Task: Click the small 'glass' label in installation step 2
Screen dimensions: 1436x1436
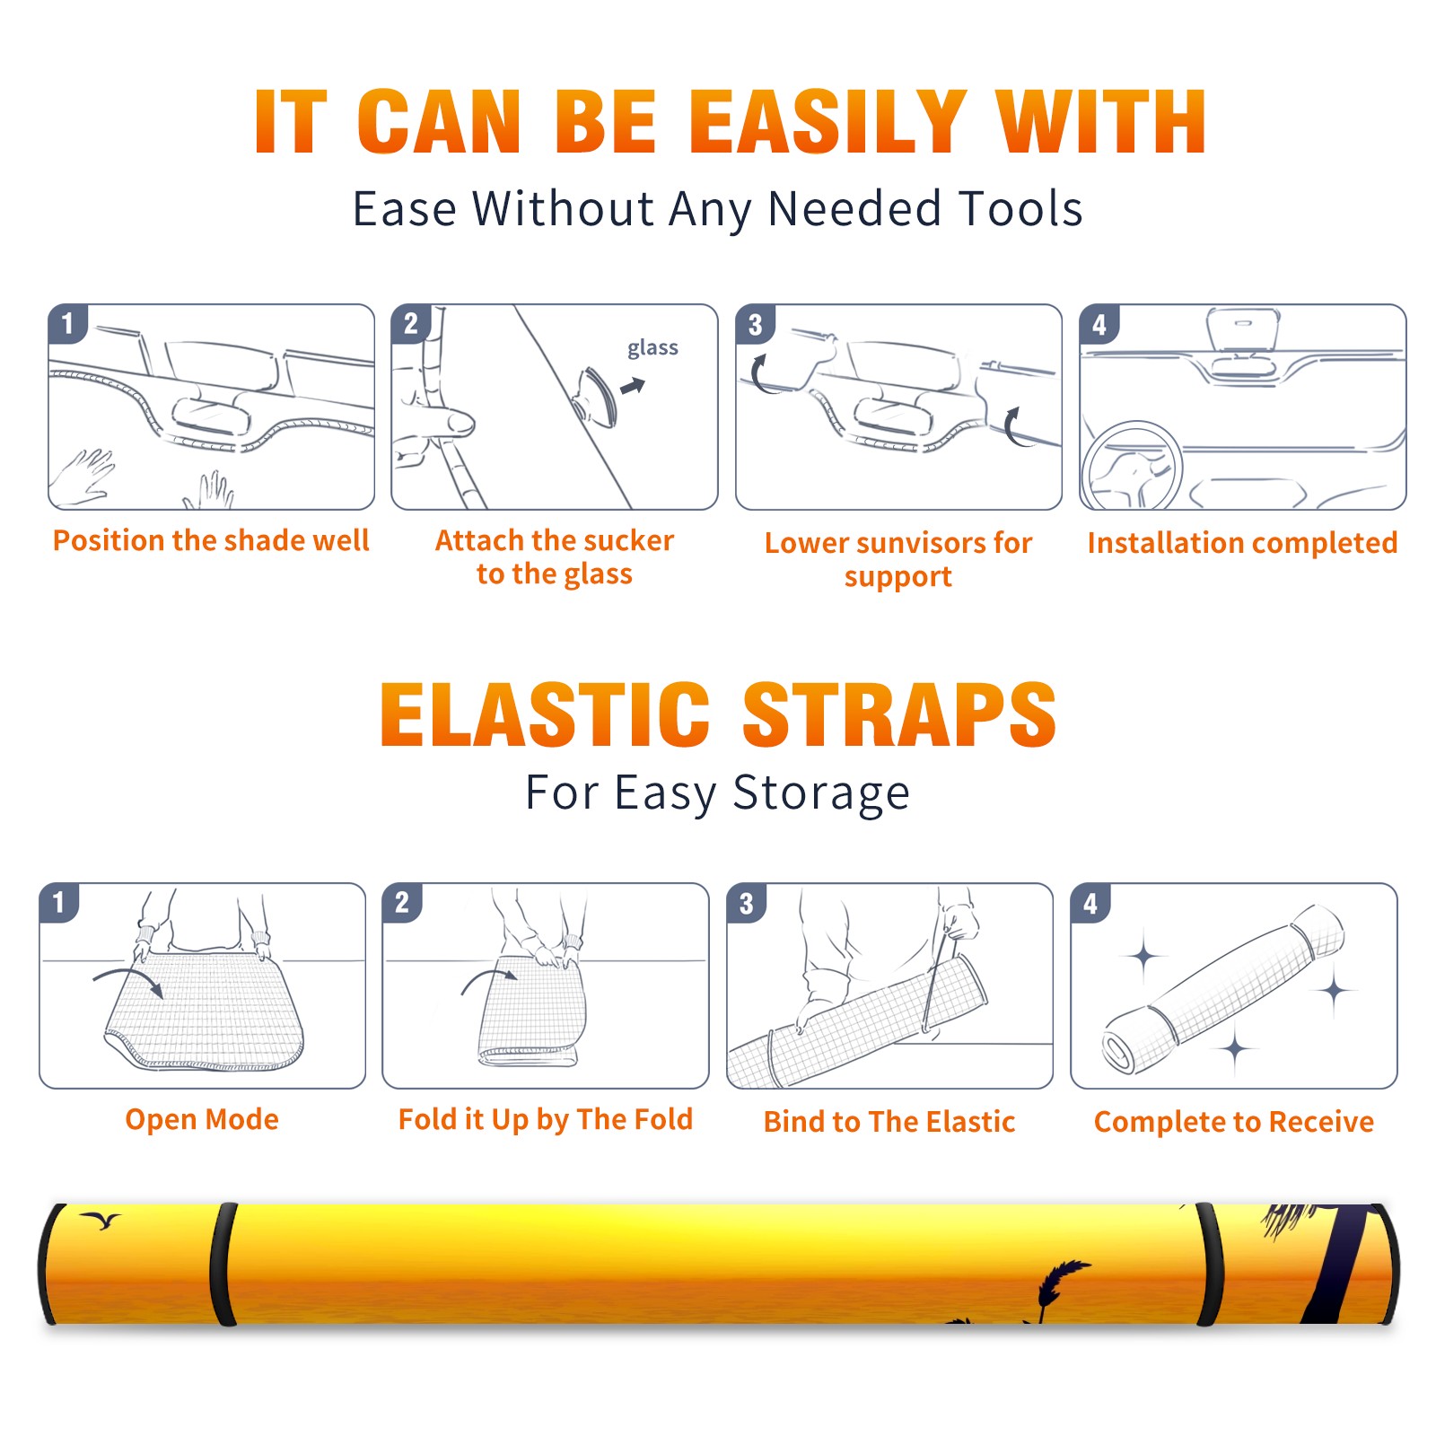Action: click(652, 348)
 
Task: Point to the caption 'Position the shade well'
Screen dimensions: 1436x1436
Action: click(211, 540)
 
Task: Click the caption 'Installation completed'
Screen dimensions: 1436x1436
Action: click(1242, 542)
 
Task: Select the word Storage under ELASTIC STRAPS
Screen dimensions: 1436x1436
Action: click(821, 792)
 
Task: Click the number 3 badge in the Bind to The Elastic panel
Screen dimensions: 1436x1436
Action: click(747, 903)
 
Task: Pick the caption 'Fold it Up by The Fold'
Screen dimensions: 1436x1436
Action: click(546, 1119)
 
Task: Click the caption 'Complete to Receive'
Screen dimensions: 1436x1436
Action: click(1234, 1121)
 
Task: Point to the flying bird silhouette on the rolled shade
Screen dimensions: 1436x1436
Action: click(101, 1220)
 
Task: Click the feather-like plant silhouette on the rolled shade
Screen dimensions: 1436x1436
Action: click(1062, 1284)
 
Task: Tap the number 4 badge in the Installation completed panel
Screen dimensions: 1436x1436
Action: click(1099, 324)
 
